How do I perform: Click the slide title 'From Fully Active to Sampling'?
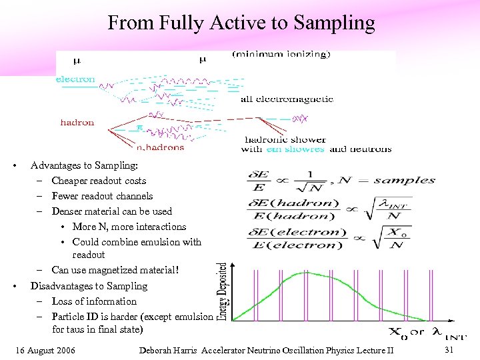(241, 23)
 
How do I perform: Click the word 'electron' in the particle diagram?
(75, 79)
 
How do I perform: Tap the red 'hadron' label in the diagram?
(77, 123)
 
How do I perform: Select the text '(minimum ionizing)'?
(280, 55)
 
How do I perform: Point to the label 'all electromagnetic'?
(287, 99)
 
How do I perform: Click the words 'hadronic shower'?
(285, 139)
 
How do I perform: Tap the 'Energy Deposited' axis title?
(223, 291)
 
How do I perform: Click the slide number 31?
(449, 351)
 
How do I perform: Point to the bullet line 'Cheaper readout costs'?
(99, 181)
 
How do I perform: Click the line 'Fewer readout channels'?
(102, 196)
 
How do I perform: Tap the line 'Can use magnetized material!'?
(115, 270)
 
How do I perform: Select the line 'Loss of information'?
(94, 301)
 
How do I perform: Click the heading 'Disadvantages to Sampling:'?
(89, 286)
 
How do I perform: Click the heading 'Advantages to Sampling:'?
(84, 165)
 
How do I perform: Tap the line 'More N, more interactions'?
(129, 227)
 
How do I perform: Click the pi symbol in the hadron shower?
(140, 126)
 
